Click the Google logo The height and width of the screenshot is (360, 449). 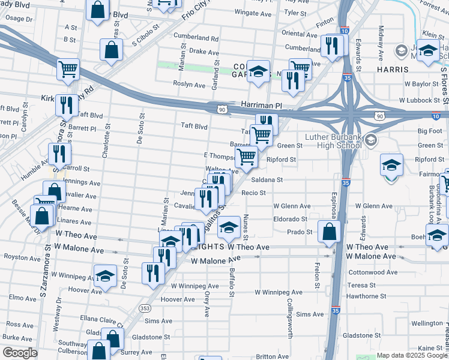click(x=20, y=353)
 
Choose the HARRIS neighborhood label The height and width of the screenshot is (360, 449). click(x=393, y=70)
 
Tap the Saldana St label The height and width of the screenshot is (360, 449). click(x=267, y=179)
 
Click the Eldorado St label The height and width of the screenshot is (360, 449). click(x=290, y=220)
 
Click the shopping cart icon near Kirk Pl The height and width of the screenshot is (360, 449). click(x=68, y=69)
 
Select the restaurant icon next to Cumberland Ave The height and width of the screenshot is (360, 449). click(x=331, y=45)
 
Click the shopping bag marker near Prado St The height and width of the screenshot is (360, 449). click(x=330, y=231)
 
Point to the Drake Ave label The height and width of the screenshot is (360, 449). click(x=204, y=52)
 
